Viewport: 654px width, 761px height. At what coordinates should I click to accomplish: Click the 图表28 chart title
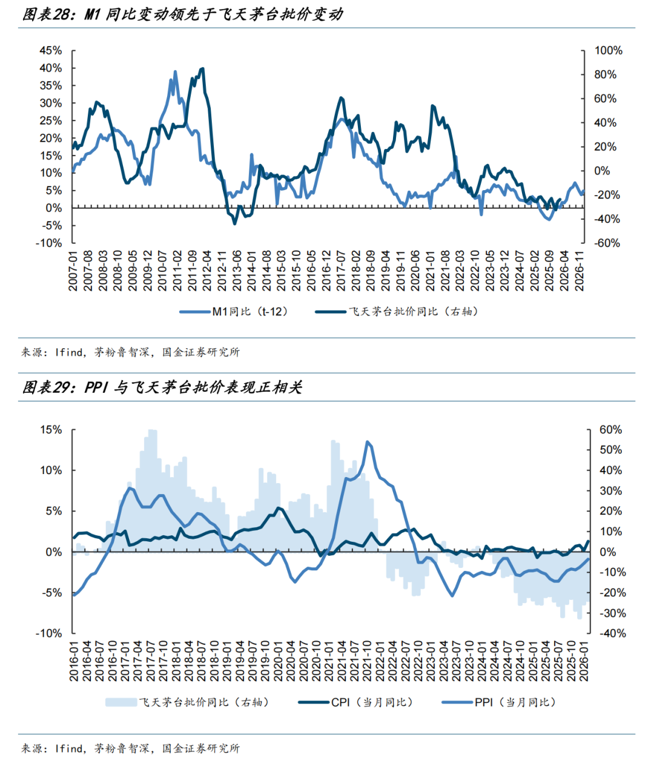182,14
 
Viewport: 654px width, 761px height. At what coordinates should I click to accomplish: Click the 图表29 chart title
162,387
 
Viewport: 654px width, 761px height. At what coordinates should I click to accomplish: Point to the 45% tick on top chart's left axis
51,50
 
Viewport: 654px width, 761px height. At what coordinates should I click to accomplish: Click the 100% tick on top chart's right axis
608,50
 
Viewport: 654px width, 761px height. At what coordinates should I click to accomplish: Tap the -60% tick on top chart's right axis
607,243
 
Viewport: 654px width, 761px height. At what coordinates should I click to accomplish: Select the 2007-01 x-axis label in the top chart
74,271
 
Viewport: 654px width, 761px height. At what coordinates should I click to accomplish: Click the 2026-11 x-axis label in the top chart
580,271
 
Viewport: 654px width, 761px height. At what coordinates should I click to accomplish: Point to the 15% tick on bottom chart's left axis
51,430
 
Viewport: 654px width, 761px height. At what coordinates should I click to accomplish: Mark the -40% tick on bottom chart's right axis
612,633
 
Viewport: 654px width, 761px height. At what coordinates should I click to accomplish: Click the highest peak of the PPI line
368,442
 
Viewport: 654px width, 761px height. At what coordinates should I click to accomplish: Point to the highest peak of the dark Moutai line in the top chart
202,68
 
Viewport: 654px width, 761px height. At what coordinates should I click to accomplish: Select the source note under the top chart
130,352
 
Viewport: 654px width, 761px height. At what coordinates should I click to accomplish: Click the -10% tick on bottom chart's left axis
48,633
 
